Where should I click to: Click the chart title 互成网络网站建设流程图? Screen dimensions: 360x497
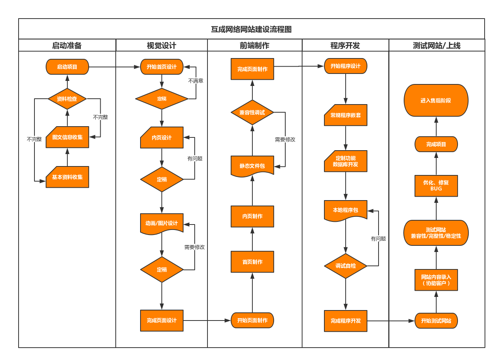(251, 29)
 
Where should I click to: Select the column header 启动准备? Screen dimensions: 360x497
(67, 45)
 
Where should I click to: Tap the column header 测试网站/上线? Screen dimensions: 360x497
(437, 45)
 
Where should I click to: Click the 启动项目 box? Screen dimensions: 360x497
(67, 67)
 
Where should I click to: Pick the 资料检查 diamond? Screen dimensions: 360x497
(67, 99)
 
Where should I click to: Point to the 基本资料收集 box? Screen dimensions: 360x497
(67, 177)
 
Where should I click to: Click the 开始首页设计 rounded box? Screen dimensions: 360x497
(162, 67)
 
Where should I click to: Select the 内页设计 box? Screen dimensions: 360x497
(162, 137)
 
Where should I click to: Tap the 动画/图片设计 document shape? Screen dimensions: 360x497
(162, 223)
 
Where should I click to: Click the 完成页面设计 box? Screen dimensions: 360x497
(162, 321)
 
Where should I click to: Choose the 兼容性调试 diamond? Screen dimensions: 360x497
(252, 113)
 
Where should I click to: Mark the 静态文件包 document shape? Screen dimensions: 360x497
(252, 166)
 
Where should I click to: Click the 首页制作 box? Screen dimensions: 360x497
(252, 262)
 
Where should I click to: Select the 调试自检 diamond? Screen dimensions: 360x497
(346, 266)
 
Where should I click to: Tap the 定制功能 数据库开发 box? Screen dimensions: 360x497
(346, 161)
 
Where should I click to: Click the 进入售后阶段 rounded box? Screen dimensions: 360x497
(436, 100)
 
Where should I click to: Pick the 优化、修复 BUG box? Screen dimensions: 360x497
(436, 186)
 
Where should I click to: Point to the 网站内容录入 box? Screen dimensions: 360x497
(436, 280)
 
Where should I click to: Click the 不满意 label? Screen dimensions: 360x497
(196, 81)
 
